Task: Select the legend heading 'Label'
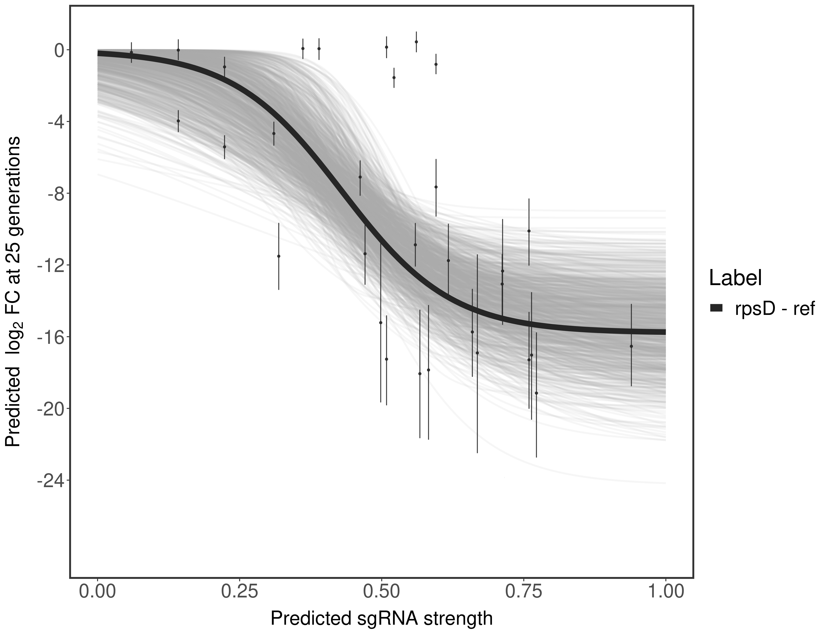(735, 278)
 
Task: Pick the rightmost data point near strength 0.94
(631, 346)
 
